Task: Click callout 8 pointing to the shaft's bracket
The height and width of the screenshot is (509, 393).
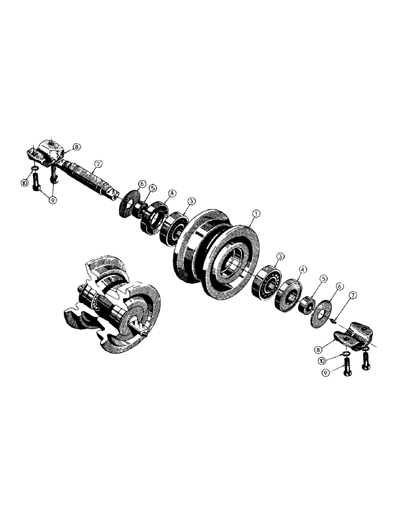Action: (76, 147)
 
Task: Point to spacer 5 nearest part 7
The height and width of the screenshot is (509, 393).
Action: (307, 304)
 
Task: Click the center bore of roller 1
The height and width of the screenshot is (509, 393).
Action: (235, 260)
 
